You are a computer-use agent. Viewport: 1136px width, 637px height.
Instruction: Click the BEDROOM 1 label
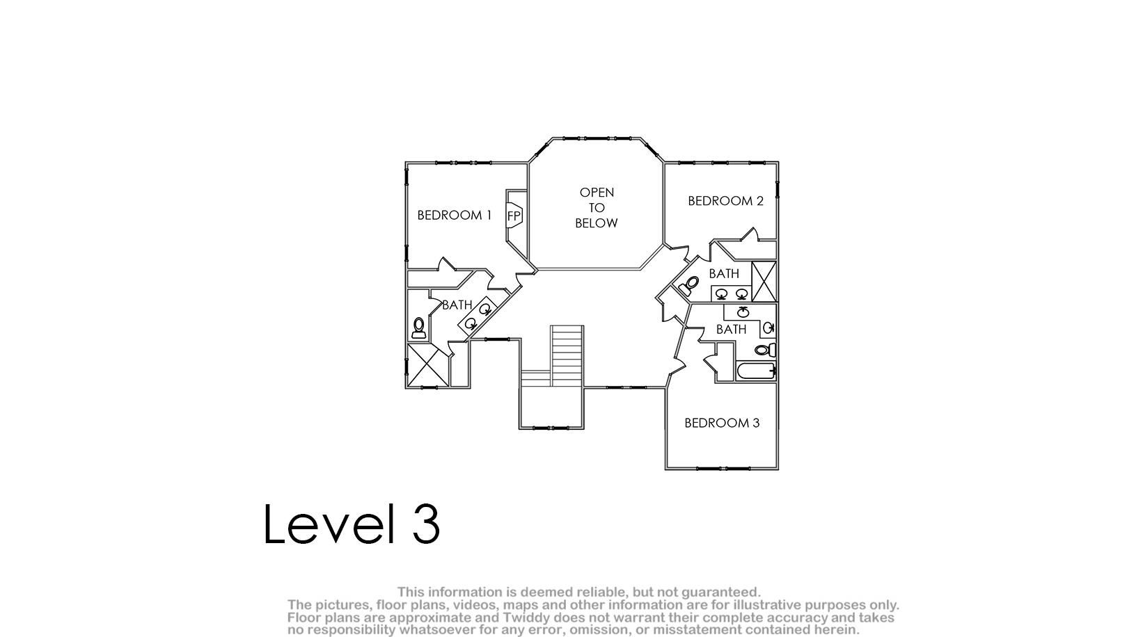click(x=455, y=216)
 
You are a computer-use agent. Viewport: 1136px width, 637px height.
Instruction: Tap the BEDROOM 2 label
click(x=726, y=201)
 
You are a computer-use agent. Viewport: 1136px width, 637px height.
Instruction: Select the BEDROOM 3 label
click(x=722, y=423)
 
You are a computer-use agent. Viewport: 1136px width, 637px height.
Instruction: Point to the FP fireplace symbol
click(x=514, y=216)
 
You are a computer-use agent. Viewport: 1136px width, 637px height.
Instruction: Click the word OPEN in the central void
click(x=597, y=193)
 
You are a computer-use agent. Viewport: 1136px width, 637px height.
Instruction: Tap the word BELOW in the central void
click(x=597, y=223)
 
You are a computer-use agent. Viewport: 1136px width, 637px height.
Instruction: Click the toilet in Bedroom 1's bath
click(x=419, y=328)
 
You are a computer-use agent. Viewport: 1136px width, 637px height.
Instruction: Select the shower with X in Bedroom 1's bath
click(x=428, y=365)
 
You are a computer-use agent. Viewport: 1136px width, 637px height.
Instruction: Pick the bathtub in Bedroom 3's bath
click(x=756, y=371)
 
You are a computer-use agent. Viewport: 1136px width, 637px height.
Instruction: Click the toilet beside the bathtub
click(x=765, y=350)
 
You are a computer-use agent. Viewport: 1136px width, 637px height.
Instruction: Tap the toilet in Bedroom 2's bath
click(x=689, y=286)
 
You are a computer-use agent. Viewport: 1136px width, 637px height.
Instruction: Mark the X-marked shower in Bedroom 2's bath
click(x=764, y=281)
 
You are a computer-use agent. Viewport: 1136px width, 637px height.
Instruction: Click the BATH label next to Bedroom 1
click(x=457, y=305)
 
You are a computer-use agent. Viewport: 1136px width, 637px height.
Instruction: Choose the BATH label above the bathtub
click(x=732, y=330)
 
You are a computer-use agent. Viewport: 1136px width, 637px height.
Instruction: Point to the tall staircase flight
click(x=567, y=356)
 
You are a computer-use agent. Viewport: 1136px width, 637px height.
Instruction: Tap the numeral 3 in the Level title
click(x=426, y=524)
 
